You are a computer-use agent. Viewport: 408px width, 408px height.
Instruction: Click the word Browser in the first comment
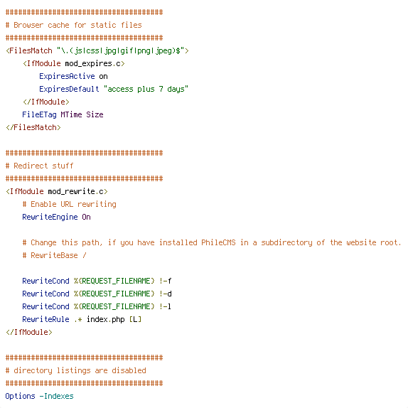pyautogui.click(x=28, y=26)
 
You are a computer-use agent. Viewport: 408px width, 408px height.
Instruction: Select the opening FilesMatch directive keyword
pyautogui.click(x=31, y=50)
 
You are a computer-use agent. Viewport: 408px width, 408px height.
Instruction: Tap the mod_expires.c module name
pyautogui.click(x=92, y=64)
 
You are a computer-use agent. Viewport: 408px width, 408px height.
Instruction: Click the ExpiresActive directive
pyautogui.click(x=67, y=76)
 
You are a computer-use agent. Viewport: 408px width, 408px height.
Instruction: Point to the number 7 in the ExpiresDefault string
pyautogui.click(x=161, y=90)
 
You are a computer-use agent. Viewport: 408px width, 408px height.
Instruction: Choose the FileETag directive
pyautogui.click(x=39, y=115)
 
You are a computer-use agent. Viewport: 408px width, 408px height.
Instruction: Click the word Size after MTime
pyautogui.click(x=95, y=114)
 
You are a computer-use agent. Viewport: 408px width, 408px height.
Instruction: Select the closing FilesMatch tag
pyautogui.click(x=33, y=127)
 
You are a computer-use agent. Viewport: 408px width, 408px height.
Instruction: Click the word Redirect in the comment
pyautogui.click(x=31, y=166)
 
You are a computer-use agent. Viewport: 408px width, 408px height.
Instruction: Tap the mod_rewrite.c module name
pyautogui.click(x=75, y=192)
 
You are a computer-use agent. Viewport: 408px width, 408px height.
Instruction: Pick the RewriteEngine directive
pyautogui.click(x=50, y=217)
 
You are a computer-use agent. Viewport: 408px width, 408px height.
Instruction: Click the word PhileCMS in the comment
pyautogui.click(x=218, y=242)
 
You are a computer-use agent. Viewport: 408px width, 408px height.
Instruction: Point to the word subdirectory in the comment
pyautogui.click(x=286, y=243)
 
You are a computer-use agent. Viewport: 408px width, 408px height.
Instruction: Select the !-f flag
pyautogui.click(x=165, y=281)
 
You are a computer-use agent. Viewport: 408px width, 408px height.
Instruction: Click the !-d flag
pyautogui.click(x=165, y=294)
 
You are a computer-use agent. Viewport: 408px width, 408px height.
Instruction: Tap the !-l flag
pyautogui.click(x=165, y=306)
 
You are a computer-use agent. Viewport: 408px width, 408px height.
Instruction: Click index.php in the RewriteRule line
pyautogui.click(x=105, y=320)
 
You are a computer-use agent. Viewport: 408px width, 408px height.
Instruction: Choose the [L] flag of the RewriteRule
pyautogui.click(x=135, y=320)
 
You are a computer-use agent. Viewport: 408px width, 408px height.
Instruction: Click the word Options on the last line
pyautogui.click(x=20, y=397)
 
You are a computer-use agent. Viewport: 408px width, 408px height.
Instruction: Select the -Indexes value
pyautogui.click(x=56, y=397)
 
